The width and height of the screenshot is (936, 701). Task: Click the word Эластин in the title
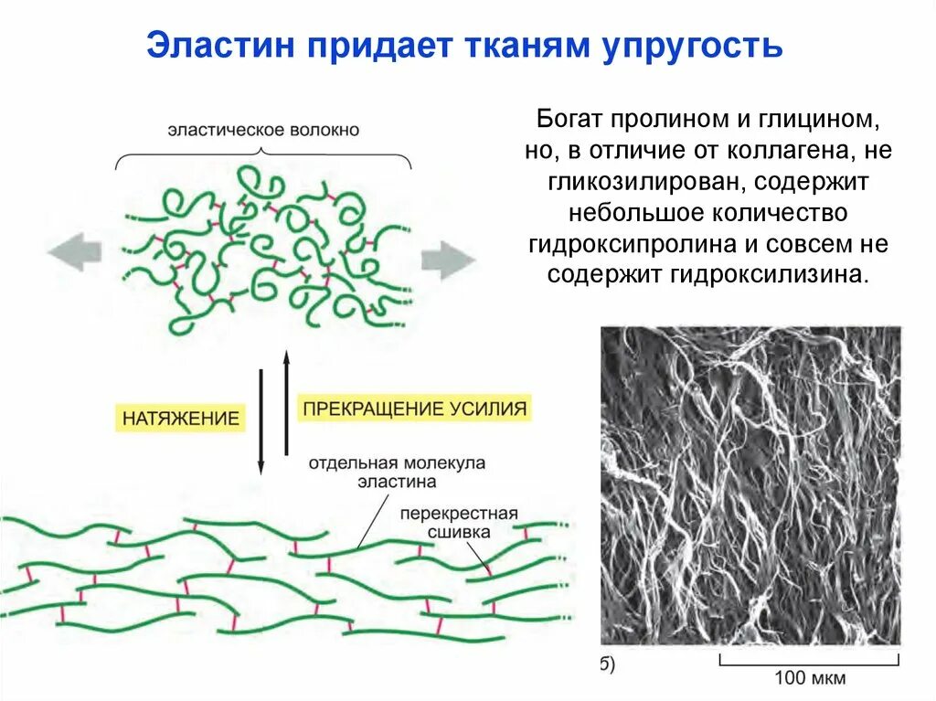coord(219,45)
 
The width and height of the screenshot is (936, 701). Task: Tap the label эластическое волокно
coord(263,130)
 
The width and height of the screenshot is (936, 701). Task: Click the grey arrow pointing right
coord(449,260)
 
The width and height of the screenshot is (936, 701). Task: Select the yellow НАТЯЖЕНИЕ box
coord(181,419)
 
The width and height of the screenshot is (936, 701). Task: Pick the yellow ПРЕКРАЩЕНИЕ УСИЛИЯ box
coord(415,408)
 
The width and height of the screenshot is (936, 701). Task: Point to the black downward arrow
coord(261,420)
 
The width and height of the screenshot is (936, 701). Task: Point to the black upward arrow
coord(286,402)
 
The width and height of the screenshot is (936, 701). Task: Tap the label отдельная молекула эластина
coord(396,472)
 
